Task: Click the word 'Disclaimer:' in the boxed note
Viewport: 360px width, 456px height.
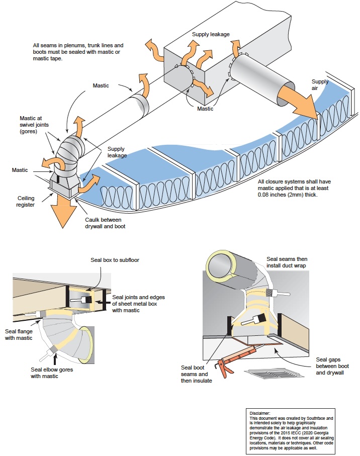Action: coord(260,413)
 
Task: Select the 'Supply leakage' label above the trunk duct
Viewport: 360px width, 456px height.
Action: coord(210,34)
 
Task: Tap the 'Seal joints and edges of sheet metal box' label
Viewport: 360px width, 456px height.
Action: coord(138,304)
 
